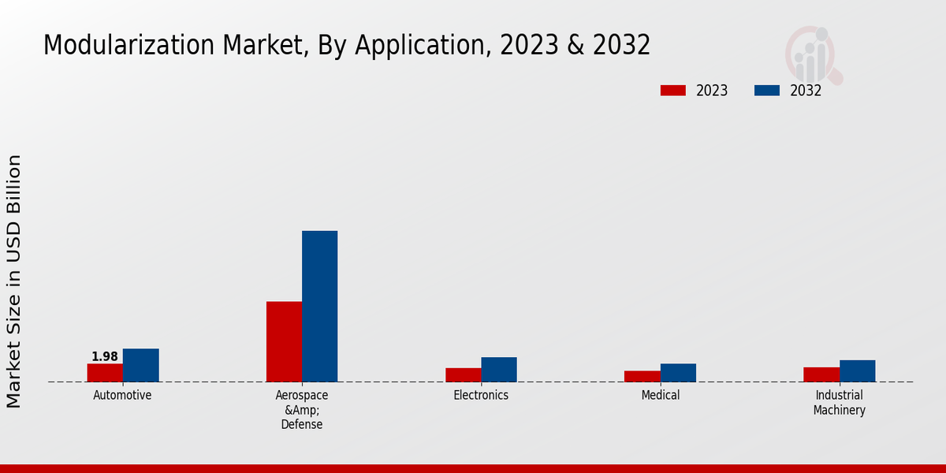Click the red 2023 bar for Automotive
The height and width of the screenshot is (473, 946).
pyautogui.click(x=105, y=373)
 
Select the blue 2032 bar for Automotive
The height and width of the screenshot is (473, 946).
pyautogui.click(x=140, y=365)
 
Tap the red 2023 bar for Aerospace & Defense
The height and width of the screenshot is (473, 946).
pyautogui.click(x=284, y=341)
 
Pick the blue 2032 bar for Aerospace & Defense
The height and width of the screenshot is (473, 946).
pyautogui.click(x=319, y=306)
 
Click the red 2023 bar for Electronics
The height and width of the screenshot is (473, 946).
pyautogui.click(x=463, y=375)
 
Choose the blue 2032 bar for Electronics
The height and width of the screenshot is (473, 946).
pyautogui.click(x=499, y=370)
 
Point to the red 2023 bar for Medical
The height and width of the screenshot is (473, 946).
pyautogui.click(x=642, y=376)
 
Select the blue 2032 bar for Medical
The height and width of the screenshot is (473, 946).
pyautogui.click(x=678, y=373)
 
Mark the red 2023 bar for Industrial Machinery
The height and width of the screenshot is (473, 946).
pyautogui.click(x=821, y=374)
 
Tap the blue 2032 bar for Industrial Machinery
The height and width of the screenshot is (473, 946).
pyautogui.click(x=857, y=371)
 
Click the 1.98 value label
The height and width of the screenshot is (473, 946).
pyautogui.click(x=105, y=357)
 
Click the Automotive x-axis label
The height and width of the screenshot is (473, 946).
pyautogui.click(x=122, y=396)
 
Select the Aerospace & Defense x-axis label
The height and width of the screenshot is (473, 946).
pyautogui.click(x=302, y=410)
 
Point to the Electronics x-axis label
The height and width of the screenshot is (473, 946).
pyautogui.click(x=481, y=396)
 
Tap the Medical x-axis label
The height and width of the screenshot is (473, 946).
pyautogui.click(x=660, y=396)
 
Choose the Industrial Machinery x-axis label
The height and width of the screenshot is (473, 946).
pyautogui.click(x=840, y=403)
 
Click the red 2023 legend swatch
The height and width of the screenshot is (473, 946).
pyautogui.click(x=672, y=91)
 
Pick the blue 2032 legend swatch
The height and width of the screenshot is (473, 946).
pyautogui.click(x=766, y=91)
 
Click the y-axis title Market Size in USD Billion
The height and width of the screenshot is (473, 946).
pyautogui.click(x=14, y=281)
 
